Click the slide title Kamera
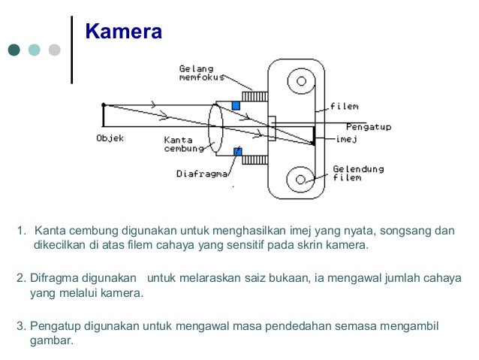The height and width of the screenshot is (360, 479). coord(123,32)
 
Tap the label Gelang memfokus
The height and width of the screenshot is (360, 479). coord(197,74)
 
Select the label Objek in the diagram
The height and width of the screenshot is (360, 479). coord(110,138)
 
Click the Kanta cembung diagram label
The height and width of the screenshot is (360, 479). coord(183,144)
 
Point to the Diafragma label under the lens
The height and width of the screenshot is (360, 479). coord(202,174)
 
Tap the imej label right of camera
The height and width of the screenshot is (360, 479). coord(347,138)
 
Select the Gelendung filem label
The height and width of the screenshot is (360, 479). coord(358,174)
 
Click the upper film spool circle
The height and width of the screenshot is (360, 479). coord(302,81)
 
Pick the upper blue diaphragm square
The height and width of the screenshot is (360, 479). coord(236,105)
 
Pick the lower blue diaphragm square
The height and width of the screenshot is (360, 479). coord(238,152)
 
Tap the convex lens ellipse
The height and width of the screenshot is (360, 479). coord(216,129)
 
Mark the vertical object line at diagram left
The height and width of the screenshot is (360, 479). coord(104,117)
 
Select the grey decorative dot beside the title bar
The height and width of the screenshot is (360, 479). coord(54,50)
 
